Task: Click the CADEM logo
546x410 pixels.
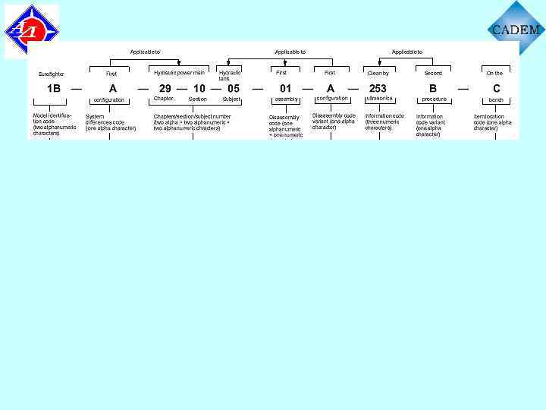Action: pyautogui.click(x=516, y=29)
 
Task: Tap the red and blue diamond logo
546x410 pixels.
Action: pyautogui.click(x=31, y=31)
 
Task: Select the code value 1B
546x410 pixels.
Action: pyautogui.click(x=54, y=88)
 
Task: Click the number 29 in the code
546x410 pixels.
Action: pyautogui.click(x=165, y=88)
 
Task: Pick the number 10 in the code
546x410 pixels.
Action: pyautogui.click(x=199, y=88)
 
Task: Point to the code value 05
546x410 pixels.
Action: pyautogui.click(x=234, y=88)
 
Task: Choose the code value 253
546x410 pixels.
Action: pyautogui.click(x=378, y=88)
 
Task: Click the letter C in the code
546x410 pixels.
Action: pyautogui.click(x=497, y=88)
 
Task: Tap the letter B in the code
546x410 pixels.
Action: pyautogui.click(x=433, y=88)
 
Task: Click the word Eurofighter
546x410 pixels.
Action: pyautogui.click(x=52, y=74)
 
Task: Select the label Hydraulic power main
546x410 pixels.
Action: pyautogui.click(x=179, y=73)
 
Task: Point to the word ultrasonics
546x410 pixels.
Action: pyautogui.click(x=379, y=99)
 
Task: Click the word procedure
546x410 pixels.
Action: pyautogui.click(x=435, y=99)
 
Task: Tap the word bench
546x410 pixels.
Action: pyautogui.click(x=496, y=99)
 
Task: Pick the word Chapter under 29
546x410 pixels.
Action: pyautogui.click(x=164, y=99)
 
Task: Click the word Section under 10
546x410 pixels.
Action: pyautogui.click(x=198, y=99)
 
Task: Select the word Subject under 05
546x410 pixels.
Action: pyautogui.click(x=231, y=99)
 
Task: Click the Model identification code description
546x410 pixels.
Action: pyautogui.click(x=55, y=125)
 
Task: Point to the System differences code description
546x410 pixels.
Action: pyautogui.click(x=111, y=123)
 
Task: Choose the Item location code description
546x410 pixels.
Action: pyautogui.click(x=493, y=122)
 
